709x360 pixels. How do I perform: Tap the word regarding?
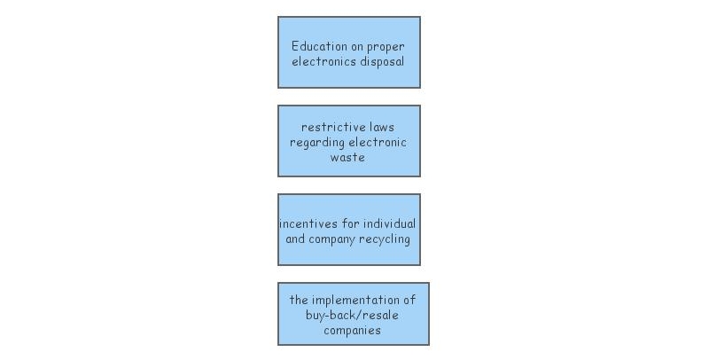316,142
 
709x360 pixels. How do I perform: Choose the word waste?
347,157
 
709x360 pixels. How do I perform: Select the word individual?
390,223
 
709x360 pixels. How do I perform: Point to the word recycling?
384,239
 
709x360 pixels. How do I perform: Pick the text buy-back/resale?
353,315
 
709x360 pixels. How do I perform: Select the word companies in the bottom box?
353,330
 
